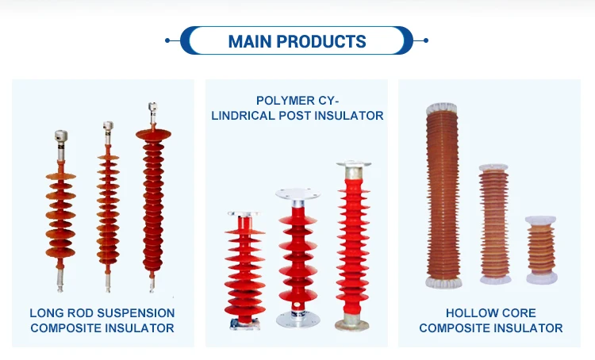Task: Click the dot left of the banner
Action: (x=167, y=40)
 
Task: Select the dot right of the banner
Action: (x=426, y=40)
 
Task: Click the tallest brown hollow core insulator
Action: (x=443, y=195)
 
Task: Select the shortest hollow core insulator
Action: (x=542, y=250)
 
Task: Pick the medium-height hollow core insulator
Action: (x=494, y=224)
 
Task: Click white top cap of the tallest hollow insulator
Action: (x=442, y=109)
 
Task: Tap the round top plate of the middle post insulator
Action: (x=297, y=193)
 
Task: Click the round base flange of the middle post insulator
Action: (x=297, y=320)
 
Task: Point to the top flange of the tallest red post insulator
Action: (x=353, y=164)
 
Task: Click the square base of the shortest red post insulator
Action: (x=245, y=324)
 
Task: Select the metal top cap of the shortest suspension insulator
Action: (x=61, y=136)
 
